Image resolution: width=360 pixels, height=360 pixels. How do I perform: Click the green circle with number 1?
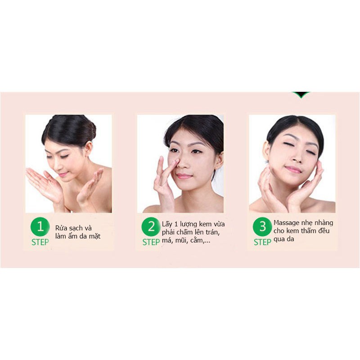pos(40,227)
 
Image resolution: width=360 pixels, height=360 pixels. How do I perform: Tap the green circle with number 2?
pos(151,227)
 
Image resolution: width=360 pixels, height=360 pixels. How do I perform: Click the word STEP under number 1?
pos(40,242)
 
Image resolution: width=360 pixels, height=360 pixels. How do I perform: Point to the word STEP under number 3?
pos(262,242)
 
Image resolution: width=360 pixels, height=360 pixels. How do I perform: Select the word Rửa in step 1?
pos(62,228)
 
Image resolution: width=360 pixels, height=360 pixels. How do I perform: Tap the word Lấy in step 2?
pos(167,224)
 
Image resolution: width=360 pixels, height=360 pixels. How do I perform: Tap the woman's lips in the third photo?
pos(293,169)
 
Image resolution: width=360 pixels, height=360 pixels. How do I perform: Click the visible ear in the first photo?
pos(88,148)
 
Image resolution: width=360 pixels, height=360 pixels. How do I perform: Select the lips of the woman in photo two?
pos(184,176)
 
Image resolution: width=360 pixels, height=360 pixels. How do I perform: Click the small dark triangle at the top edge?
pos(301,94)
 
